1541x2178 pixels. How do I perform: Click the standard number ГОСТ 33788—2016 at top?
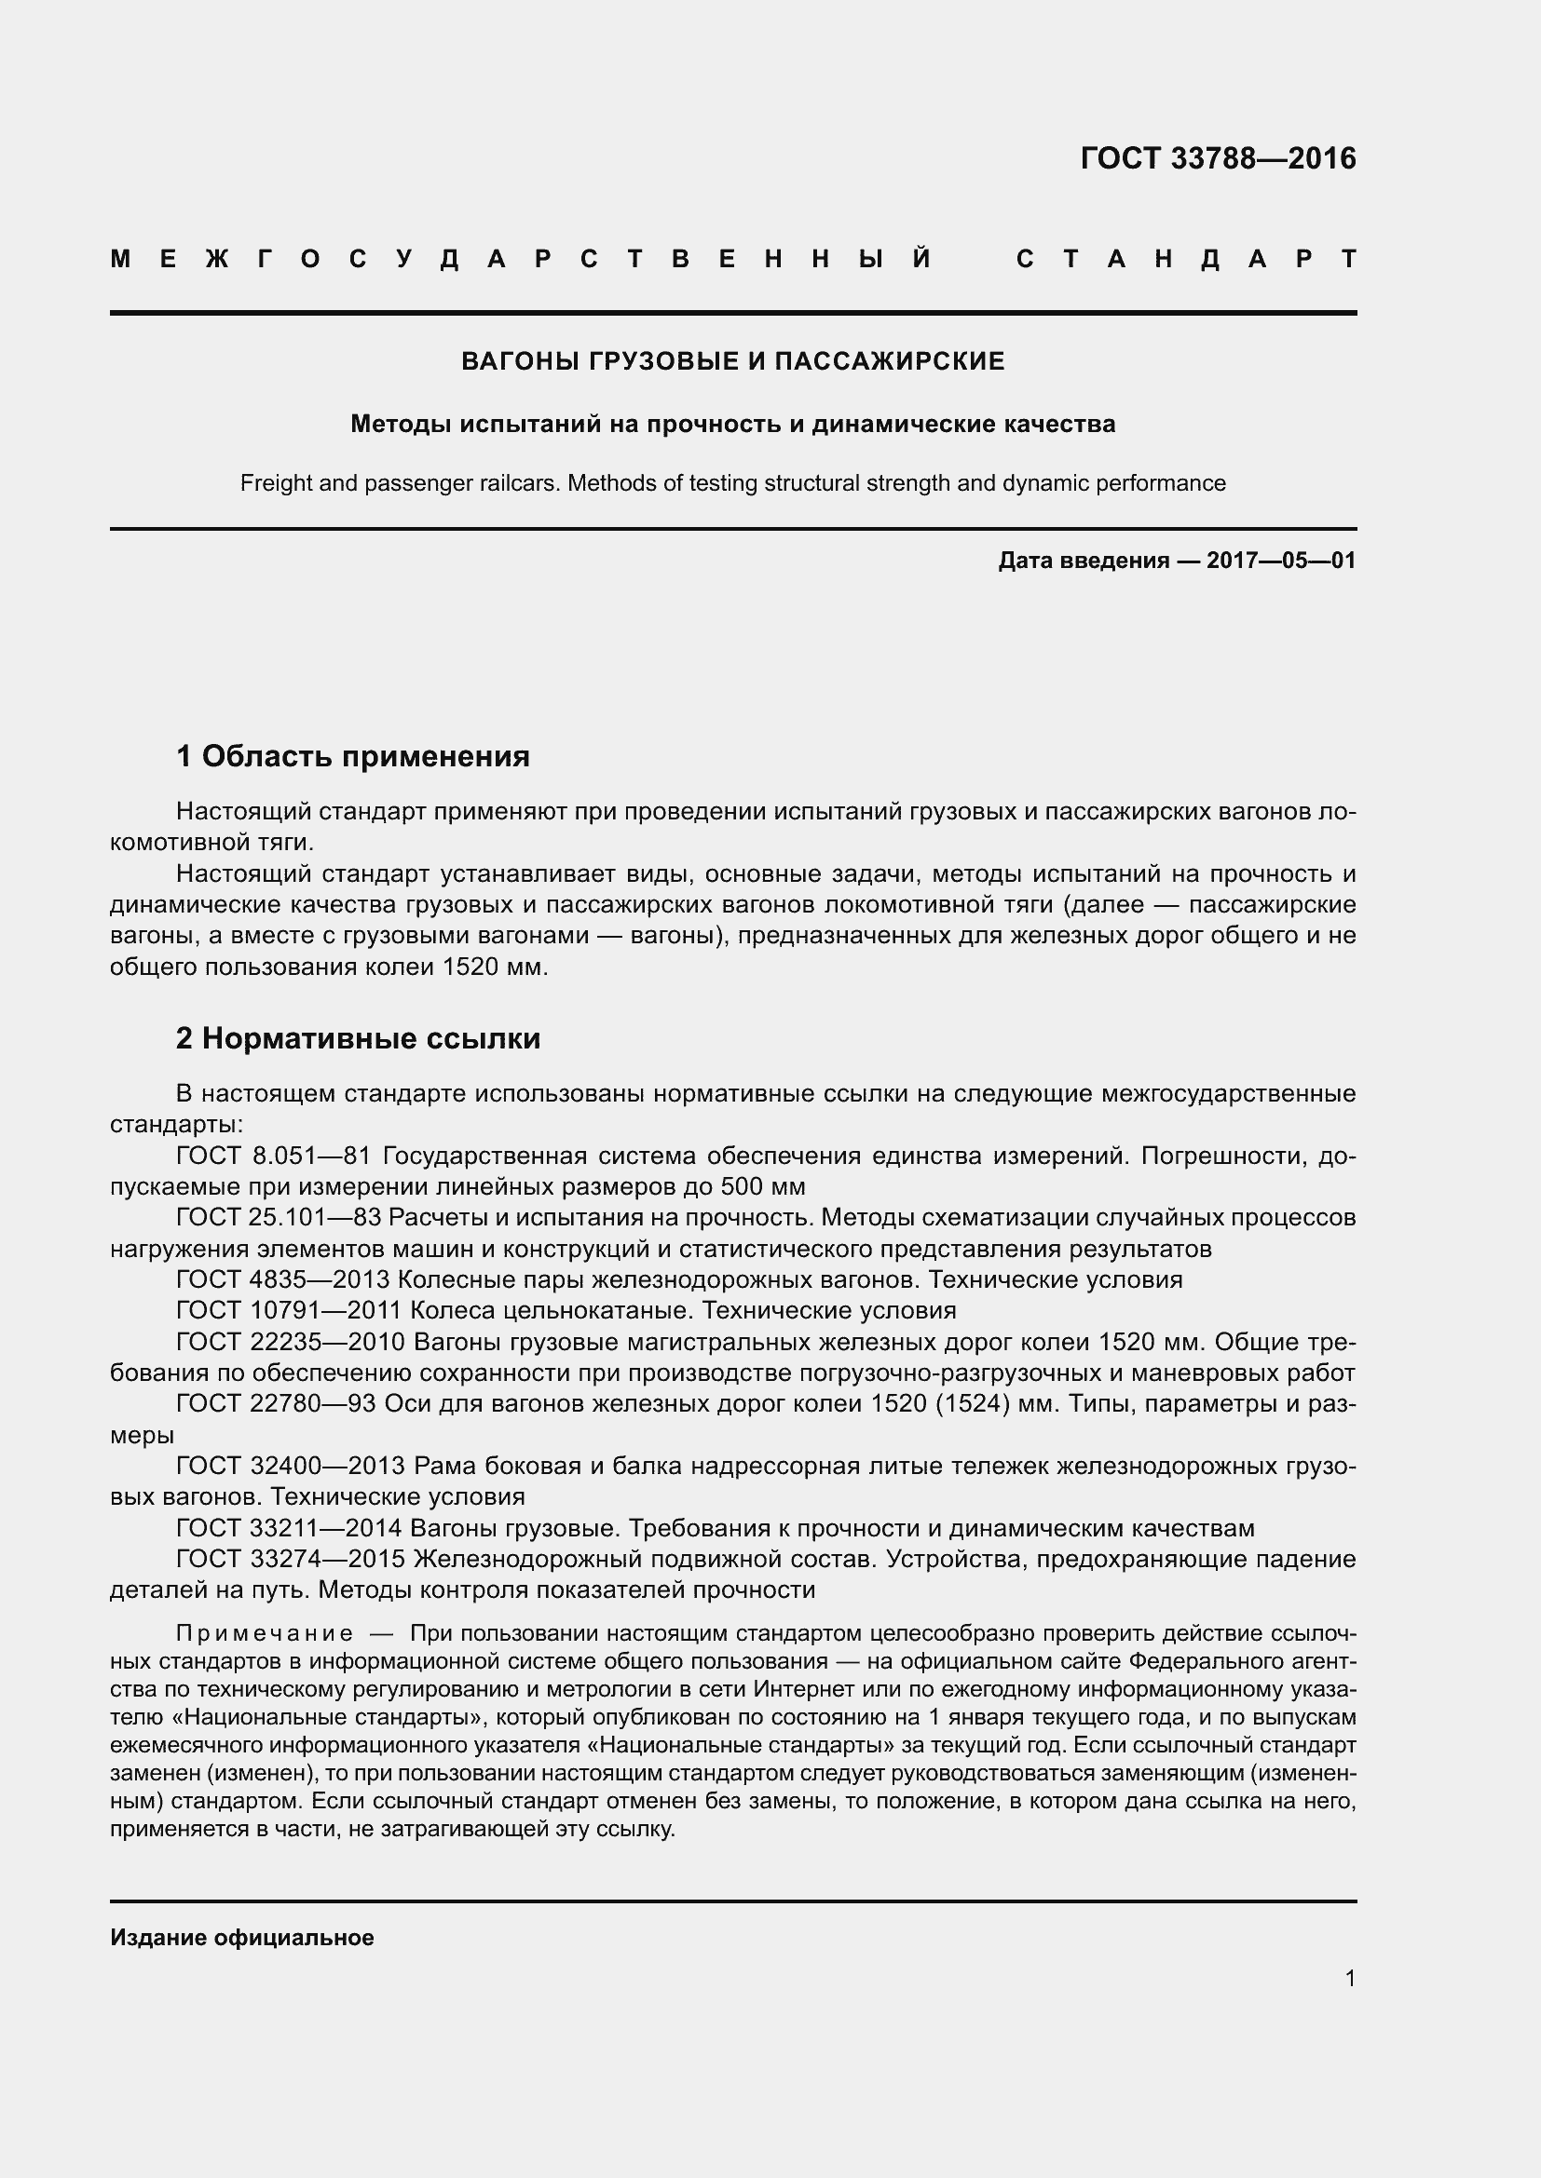tap(1218, 158)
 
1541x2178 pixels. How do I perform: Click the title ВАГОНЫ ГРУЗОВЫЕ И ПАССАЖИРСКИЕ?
tap(732, 361)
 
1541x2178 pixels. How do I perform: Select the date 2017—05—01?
tap(1281, 561)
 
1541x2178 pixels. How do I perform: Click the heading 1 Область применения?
tap(352, 756)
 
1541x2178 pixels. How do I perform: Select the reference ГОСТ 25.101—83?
tap(279, 1217)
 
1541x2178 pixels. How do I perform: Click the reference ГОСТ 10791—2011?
tap(290, 1310)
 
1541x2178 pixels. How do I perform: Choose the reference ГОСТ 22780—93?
tap(276, 1403)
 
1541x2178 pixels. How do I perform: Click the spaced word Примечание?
tap(265, 1633)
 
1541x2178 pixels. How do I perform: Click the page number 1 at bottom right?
tap(1349, 1979)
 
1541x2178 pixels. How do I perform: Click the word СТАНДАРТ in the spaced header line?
tap(1186, 259)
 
